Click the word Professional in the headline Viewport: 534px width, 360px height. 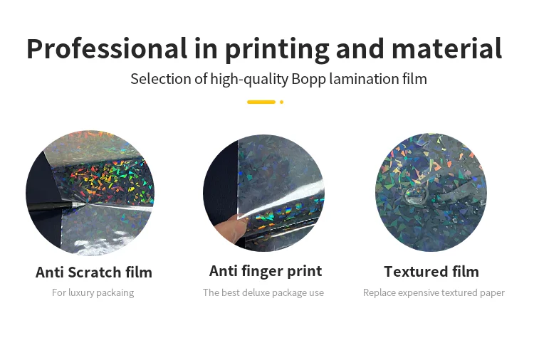point(107,48)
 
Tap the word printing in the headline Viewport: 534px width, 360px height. point(277,51)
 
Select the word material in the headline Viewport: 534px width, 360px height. point(447,48)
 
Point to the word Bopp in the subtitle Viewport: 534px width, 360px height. point(308,80)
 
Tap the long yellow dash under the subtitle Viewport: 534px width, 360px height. point(261,102)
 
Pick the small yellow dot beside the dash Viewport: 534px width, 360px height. point(282,102)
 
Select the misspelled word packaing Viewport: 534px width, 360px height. point(117,293)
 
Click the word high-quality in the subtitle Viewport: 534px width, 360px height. point(249,80)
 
